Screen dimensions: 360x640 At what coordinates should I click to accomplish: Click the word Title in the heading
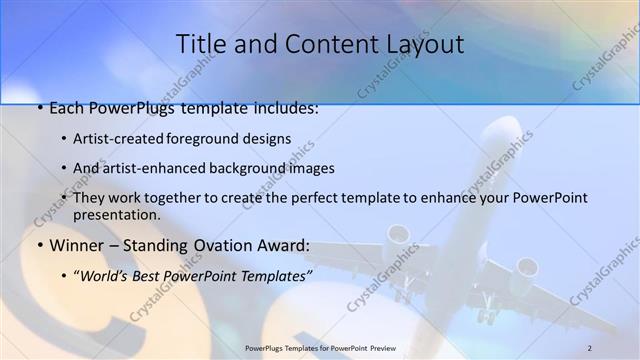click(198, 44)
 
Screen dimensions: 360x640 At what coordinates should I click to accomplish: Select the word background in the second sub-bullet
click(266, 168)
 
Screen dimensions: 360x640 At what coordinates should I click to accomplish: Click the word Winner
click(75, 245)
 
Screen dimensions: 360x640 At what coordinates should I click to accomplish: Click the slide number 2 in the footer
click(590, 347)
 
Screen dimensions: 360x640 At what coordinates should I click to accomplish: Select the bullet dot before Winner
click(39, 245)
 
